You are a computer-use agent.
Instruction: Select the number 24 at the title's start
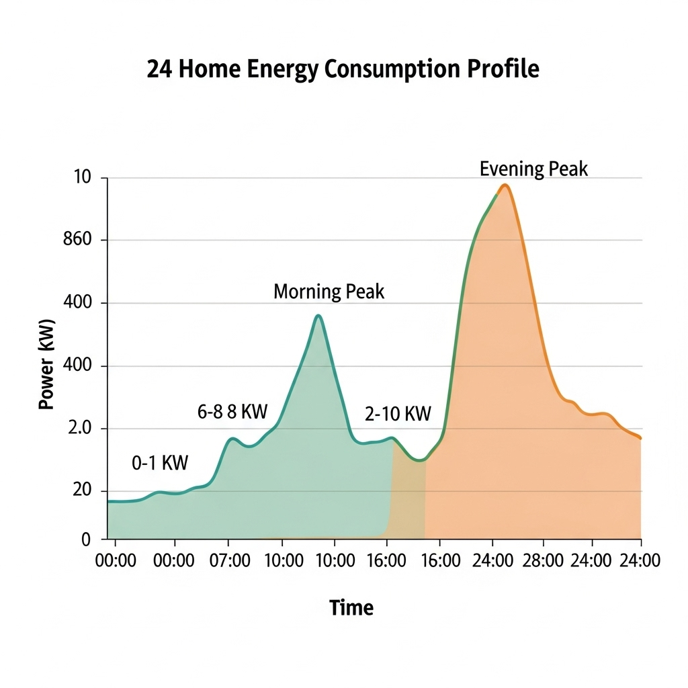pos(159,70)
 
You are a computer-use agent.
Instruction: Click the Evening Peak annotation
pos(533,169)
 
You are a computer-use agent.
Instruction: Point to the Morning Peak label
pos(329,292)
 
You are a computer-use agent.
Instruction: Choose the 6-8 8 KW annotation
pos(232,412)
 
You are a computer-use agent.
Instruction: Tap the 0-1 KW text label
pos(160,462)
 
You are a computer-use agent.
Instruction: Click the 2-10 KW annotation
pos(398,414)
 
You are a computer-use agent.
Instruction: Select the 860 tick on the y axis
pos(76,240)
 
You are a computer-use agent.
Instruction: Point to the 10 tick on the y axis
pos(81,178)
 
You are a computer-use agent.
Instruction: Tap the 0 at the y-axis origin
pos(85,539)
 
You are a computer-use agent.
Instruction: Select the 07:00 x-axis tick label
pos(230,560)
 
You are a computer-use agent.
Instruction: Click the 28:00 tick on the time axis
pos(543,560)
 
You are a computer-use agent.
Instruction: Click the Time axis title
pos(351,607)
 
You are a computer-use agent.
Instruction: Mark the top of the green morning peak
pos(318,315)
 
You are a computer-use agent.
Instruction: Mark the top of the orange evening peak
pos(505,185)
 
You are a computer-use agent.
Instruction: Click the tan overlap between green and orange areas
pos(408,497)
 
